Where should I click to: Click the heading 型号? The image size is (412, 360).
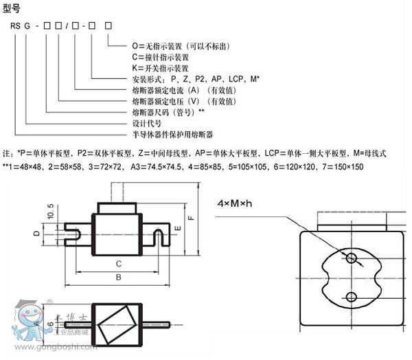12,8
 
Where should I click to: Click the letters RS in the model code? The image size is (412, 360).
16,25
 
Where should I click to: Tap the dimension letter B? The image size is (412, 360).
118,277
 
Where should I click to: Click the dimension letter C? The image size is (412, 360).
118,262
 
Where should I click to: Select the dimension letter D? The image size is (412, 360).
36,234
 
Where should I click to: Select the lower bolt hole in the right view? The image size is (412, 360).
351,296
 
